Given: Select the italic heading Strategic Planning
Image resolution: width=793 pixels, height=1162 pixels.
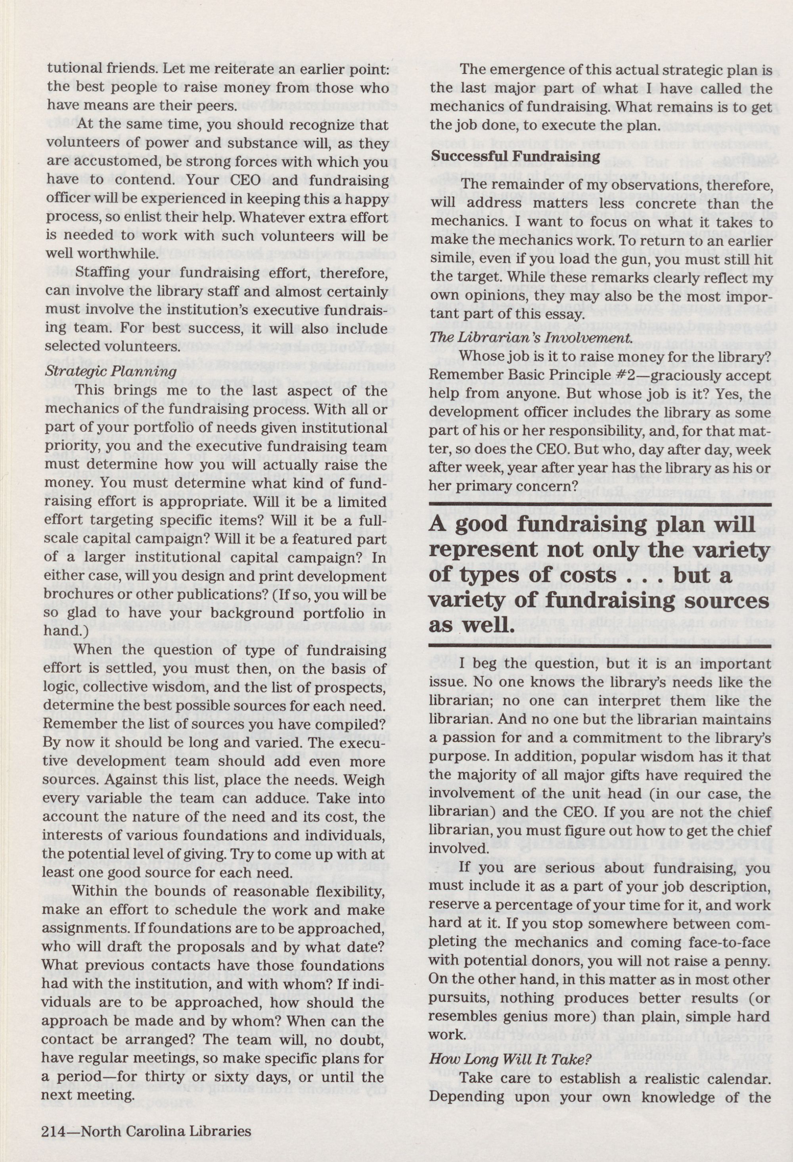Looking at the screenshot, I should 111,371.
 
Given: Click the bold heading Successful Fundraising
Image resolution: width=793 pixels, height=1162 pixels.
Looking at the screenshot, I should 516,156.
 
